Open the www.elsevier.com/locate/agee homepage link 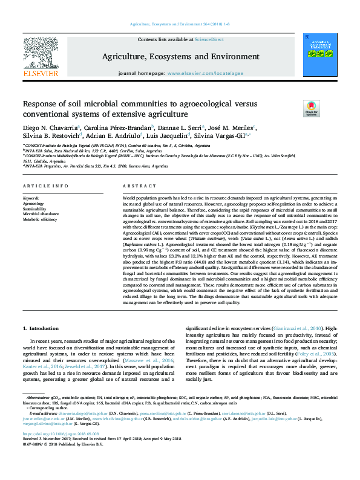pos(201,73)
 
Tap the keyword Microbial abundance pos(41,215)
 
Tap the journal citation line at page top pos(179,24)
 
